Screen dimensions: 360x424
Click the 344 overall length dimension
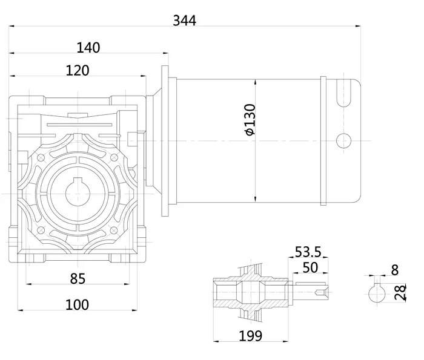pyautogui.click(x=184, y=21)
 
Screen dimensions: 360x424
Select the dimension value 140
pyautogui.click(x=88, y=47)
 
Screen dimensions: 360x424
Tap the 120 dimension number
pyautogui.click(x=78, y=70)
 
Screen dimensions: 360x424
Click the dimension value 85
pyautogui.click(x=77, y=279)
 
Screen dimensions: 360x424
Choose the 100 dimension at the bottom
pyautogui.click(x=77, y=304)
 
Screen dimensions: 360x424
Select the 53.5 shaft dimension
pyautogui.click(x=308, y=252)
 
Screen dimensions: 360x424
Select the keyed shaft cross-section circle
pyautogui.click(x=379, y=295)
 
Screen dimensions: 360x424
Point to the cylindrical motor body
pyautogui.click(x=248, y=140)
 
